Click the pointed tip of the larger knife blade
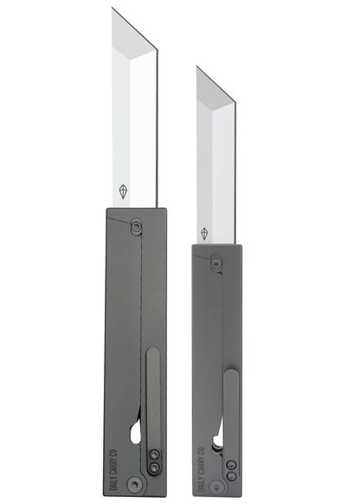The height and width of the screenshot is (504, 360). (x=113, y=10)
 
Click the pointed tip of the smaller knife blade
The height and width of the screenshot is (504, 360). (x=197, y=68)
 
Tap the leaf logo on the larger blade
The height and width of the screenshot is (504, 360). (x=122, y=191)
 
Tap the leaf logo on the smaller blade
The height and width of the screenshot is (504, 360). (x=204, y=233)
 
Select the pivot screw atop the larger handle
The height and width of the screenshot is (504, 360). (x=137, y=226)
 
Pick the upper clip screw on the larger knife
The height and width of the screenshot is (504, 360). (x=153, y=454)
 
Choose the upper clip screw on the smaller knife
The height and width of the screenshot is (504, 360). (x=231, y=464)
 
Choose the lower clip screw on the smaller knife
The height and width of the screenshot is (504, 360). (x=231, y=475)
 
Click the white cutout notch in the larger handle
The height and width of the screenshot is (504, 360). (x=135, y=430)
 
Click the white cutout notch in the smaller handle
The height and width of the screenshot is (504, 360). (x=216, y=437)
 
